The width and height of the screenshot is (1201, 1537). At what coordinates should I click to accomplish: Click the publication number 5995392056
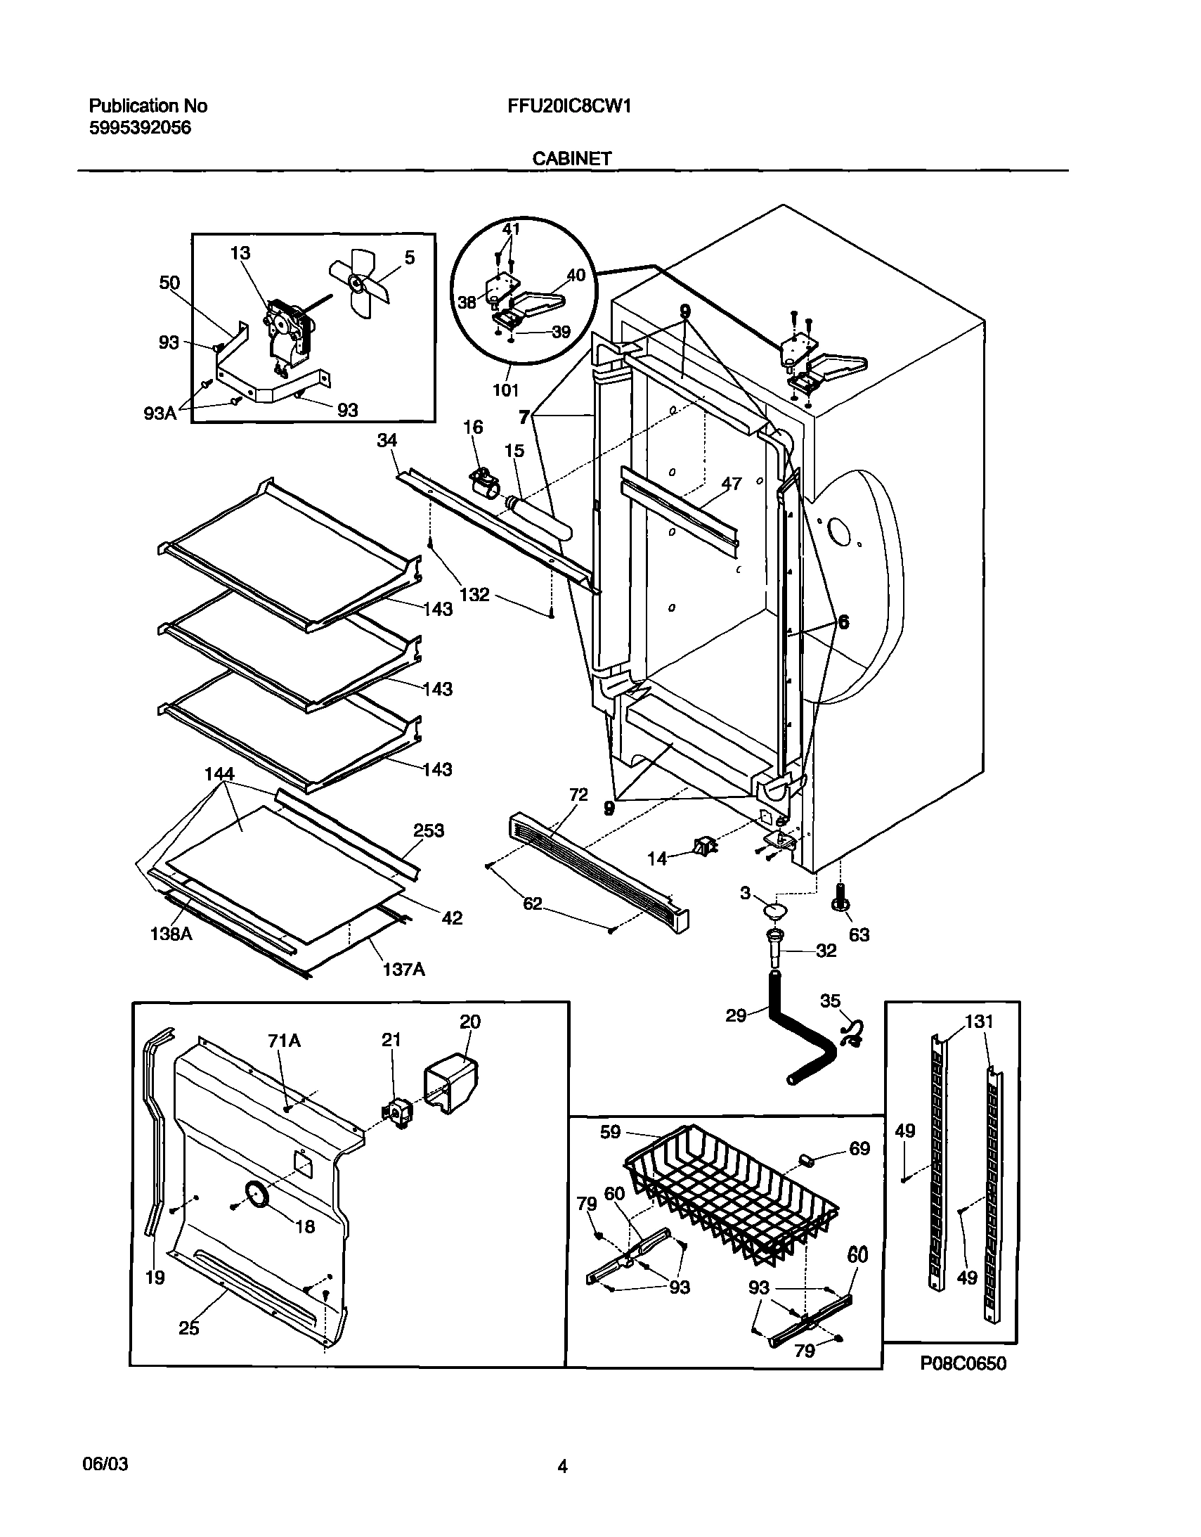pos(140,128)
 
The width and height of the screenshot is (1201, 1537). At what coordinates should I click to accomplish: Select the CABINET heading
pos(571,159)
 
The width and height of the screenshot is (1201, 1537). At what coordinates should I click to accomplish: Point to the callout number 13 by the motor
pos(240,253)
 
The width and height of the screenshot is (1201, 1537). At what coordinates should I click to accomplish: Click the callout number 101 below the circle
pos(505,390)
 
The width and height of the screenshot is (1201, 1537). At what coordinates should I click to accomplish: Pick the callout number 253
pos(429,831)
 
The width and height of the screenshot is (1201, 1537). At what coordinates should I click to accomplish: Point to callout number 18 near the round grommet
pos(305,1227)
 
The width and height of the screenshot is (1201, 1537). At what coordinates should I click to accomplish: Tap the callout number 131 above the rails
pos(979,1021)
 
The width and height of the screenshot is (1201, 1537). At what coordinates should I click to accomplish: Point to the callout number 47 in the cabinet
pos(732,484)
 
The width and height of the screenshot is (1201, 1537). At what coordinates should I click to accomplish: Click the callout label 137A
pos(404,970)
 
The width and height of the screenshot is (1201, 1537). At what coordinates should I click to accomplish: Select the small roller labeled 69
pos(807,1159)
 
